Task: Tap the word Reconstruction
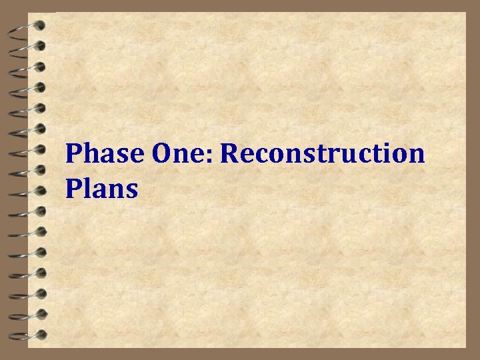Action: tap(322, 154)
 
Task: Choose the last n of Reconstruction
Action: tap(417, 157)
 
